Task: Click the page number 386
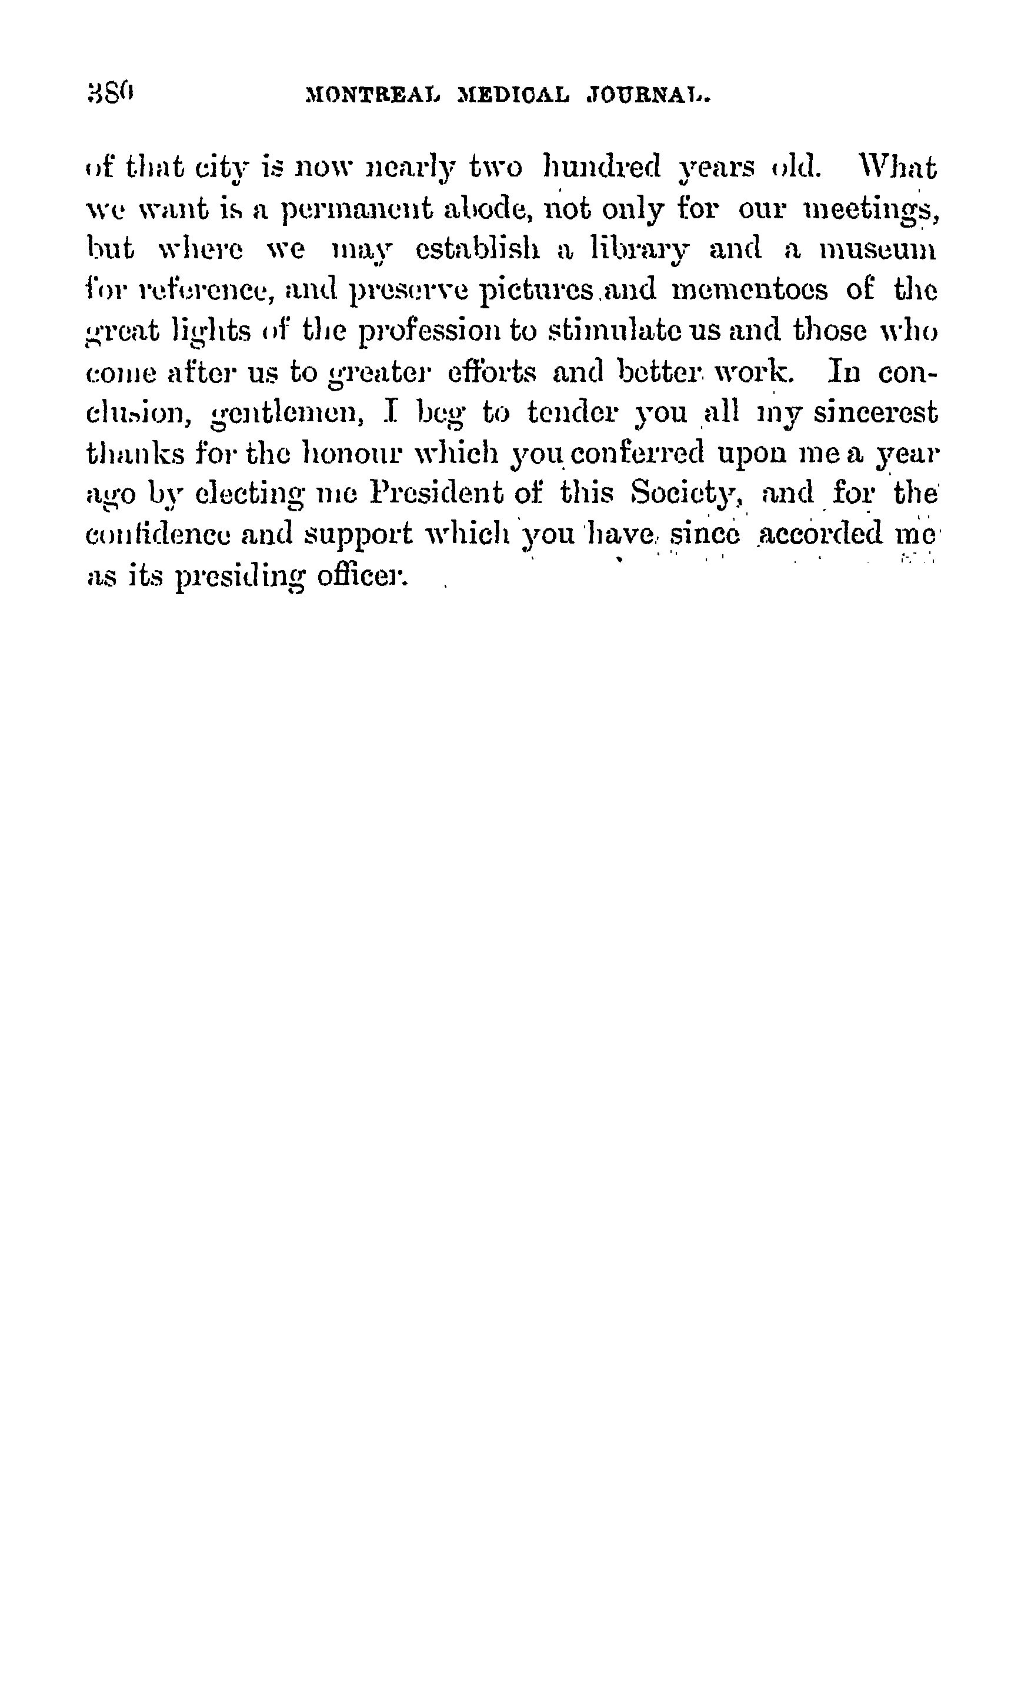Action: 111,93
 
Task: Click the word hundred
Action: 602,168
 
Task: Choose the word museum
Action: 877,251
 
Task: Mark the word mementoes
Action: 749,290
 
